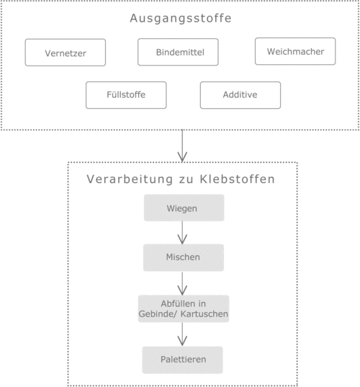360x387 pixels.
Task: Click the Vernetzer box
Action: pos(66,53)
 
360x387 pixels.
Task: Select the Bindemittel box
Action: pos(178,52)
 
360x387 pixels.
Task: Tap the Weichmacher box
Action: pos(295,51)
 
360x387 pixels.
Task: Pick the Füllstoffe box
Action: pos(126,95)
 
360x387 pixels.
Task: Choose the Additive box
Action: pos(240,95)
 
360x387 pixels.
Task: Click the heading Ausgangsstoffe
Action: pos(181,18)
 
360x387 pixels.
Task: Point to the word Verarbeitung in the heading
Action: pos(130,179)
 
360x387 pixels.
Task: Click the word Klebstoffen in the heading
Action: pos(237,179)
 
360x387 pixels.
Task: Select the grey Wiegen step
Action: pos(184,208)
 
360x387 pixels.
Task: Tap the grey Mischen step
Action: pos(184,258)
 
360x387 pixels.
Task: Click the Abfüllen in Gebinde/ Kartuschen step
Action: pos(184,308)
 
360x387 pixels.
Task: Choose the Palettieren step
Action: pos(182,360)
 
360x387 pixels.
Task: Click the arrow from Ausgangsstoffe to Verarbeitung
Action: pos(182,146)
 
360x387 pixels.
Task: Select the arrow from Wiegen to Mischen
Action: pos(182,233)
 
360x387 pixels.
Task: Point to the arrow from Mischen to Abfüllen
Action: pos(182,284)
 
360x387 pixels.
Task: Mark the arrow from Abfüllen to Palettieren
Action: pos(182,334)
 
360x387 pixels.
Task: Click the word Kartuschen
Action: pos(204,314)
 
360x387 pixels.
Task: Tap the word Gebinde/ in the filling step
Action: pos(158,314)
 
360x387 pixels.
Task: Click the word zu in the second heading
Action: pos(186,179)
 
